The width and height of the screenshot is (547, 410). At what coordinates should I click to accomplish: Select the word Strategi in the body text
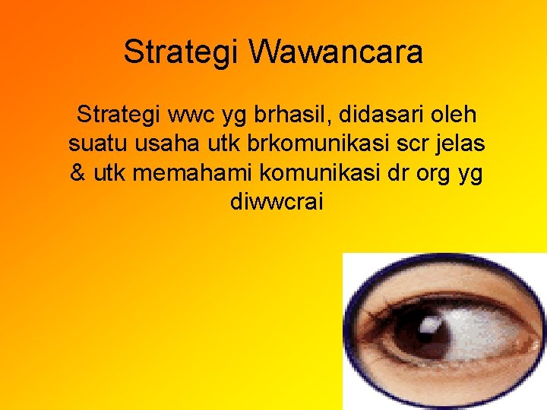coord(119,115)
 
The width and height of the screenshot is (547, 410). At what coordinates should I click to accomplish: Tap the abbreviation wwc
coord(194,116)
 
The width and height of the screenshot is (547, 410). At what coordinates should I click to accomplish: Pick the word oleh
coord(451,115)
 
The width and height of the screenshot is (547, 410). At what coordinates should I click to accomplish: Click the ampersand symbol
coord(78,173)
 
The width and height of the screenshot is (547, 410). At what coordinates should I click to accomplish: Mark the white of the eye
coord(494,334)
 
